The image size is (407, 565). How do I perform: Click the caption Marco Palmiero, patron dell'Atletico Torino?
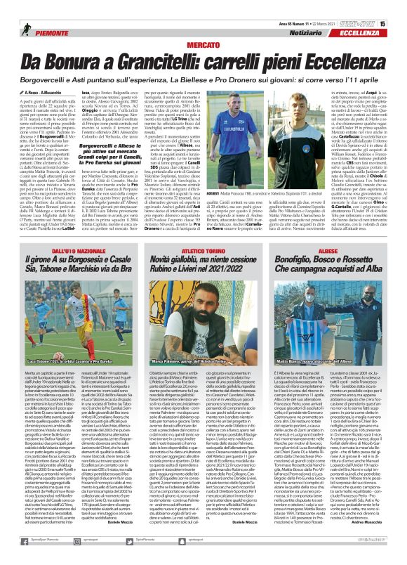coord(203,362)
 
